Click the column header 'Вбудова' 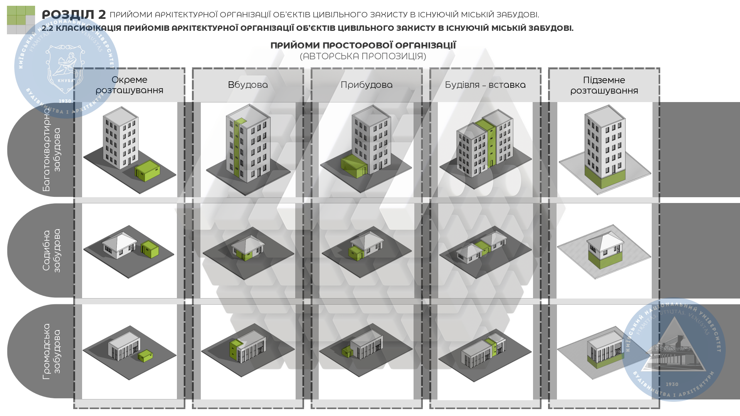tap(248, 85)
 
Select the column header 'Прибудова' tap(367, 85)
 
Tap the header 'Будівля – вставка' tap(485, 85)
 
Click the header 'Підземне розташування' tap(604, 85)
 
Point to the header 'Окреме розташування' tap(129, 85)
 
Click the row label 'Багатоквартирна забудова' tap(52, 150)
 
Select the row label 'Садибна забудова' tap(52, 250)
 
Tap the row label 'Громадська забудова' tap(52, 351)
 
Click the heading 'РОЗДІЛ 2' tap(74, 15)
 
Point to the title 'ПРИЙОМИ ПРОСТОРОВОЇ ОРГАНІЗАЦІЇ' tap(363, 45)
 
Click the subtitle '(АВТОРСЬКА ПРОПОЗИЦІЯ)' tap(363, 56)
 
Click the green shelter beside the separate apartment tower tap(148, 171)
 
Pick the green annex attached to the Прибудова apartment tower tap(353, 166)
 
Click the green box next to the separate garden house tap(150, 249)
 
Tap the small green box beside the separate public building tap(145, 356)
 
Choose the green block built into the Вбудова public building tap(234, 349)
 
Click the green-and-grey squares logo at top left tap(21, 20)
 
